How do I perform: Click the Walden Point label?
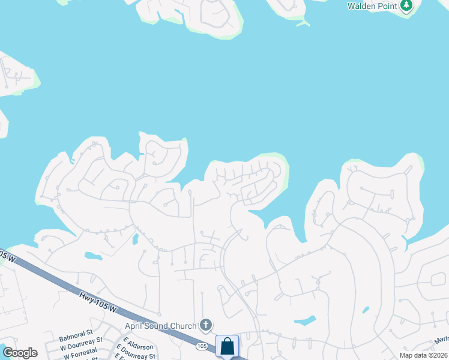372,6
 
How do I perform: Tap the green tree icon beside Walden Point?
407,5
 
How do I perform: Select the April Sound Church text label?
160,326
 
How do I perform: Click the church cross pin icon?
206,326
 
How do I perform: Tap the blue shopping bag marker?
227,346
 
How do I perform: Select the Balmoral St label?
76,332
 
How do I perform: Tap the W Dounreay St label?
81,340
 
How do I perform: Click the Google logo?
20,353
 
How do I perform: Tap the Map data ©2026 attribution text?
423,355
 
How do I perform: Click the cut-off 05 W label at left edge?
6,256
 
